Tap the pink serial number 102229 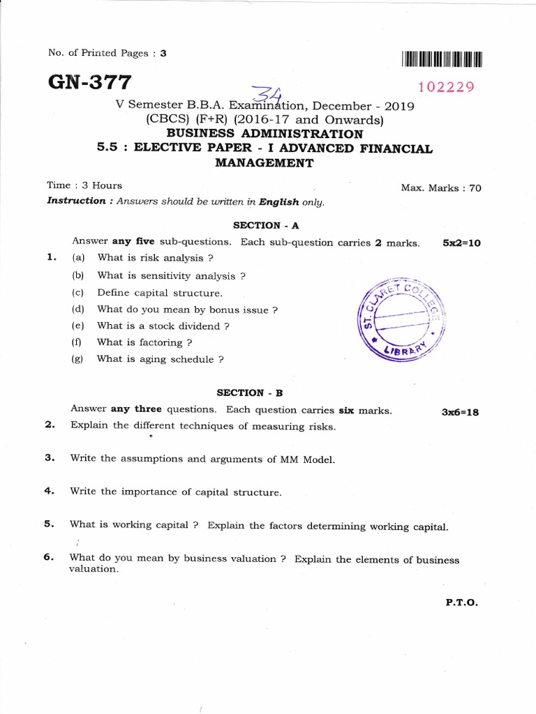pyautogui.click(x=446, y=87)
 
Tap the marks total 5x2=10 pyautogui.click(x=461, y=243)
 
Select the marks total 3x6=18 pyautogui.click(x=460, y=411)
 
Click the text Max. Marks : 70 pyautogui.click(x=440, y=188)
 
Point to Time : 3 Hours pyautogui.click(x=84, y=185)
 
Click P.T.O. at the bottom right pyautogui.click(x=461, y=603)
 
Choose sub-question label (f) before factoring pyautogui.click(x=77, y=342)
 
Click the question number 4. pyautogui.click(x=49, y=491)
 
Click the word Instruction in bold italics pyautogui.click(x=76, y=201)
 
